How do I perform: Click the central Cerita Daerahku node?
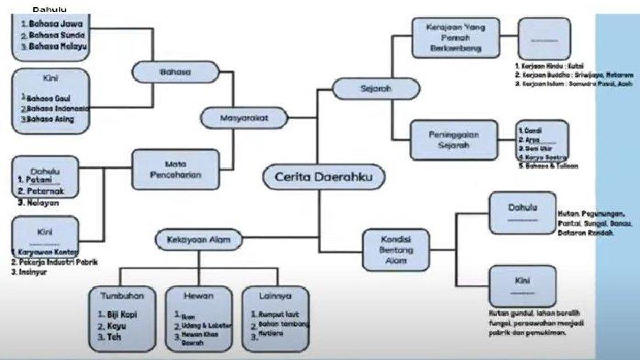pyautogui.click(x=324, y=178)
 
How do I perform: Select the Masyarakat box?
pyautogui.click(x=244, y=118)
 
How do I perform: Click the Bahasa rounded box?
pyautogui.click(x=175, y=71)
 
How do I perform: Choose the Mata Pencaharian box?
pyautogui.click(x=175, y=169)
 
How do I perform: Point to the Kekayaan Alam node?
pyautogui.click(x=198, y=239)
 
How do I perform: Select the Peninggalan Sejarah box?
pyautogui.click(x=454, y=140)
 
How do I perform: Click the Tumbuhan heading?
pyautogui.click(x=122, y=295)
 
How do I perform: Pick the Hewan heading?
pyautogui.click(x=198, y=295)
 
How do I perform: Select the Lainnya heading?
pyautogui.click(x=275, y=295)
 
